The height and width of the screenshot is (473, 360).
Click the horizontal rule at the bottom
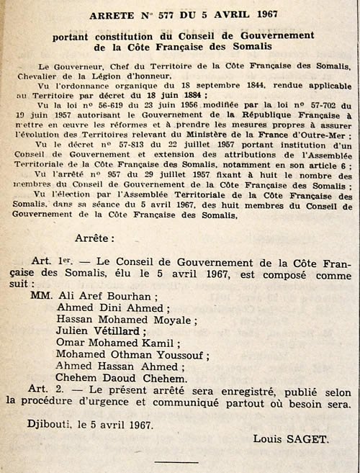point(176,461)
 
